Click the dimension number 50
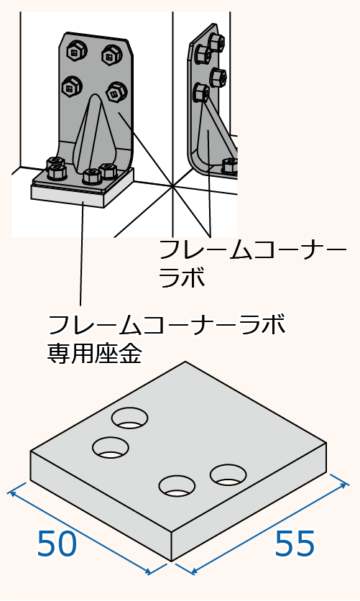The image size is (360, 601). tap(57, 543)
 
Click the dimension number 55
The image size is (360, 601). tap(295, 543)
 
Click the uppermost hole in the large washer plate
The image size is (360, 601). tap(130, 418)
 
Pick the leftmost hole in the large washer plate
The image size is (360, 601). tap(111, 447)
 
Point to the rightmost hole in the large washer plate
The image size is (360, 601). tap(229, 475)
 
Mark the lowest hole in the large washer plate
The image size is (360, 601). tap(177, 485)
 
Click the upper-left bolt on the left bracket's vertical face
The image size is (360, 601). tap(75, 50)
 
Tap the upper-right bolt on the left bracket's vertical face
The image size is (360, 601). tap(111, 55)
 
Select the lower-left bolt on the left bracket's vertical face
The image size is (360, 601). tap(70, 86)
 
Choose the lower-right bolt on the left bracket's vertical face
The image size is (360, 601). tap(116, 91)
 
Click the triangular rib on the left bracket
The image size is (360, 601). tap(94, 132)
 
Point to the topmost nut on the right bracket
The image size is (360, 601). tap(217, 42)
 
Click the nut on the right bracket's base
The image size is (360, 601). tap(230, 165)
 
